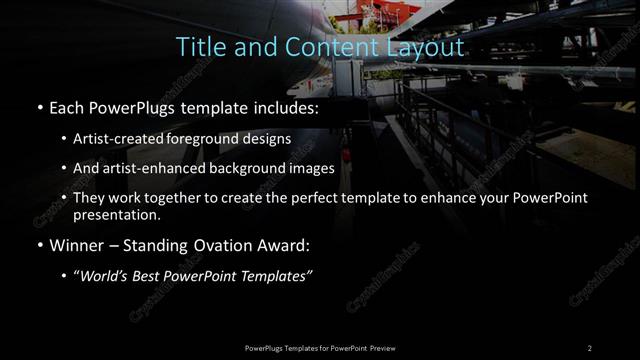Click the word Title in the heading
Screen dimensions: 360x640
click(x=198, y=47)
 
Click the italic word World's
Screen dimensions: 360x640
click(x=109, y=276)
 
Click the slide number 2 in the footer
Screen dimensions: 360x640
click(x=589, y=348)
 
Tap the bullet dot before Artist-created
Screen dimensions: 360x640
click(x=64, y=139)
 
